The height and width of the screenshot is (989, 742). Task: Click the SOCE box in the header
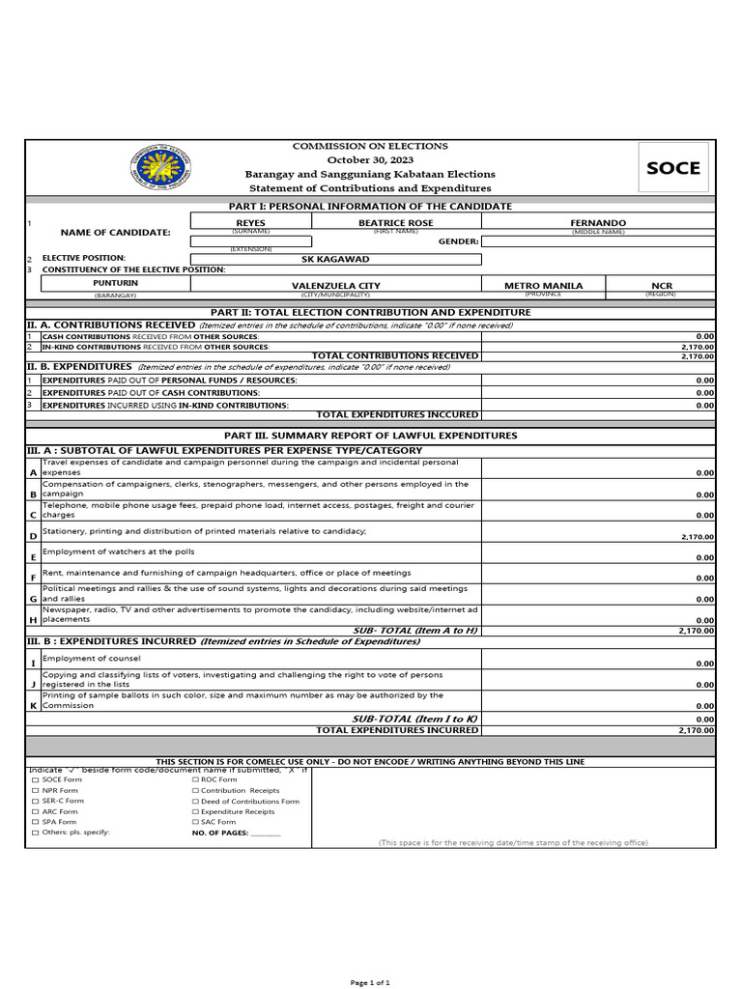pos(672,167)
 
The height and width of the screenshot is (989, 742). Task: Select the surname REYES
pos(250,223)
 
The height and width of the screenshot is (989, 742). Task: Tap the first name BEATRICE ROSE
pos(396,223)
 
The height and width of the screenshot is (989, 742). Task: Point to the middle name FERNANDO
pos(598,223)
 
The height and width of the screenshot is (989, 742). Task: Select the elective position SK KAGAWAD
pos(335,259)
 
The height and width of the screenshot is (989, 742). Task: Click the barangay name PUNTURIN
pos(116,283)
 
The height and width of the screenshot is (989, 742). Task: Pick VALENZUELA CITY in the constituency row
pos(335,286)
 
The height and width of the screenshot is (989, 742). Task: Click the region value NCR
pos(662,286)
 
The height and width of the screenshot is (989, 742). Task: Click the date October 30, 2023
pos(370,159)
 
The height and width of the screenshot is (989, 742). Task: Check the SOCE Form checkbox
pos(36,779)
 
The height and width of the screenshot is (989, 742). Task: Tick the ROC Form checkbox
pos(195,779)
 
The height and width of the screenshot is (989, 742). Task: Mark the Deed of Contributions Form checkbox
pos(195,801)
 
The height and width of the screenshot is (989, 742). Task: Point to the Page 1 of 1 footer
pos(370,982)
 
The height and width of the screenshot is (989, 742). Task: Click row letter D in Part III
pos(33,536)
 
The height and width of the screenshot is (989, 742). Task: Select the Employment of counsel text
pos(92,658)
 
